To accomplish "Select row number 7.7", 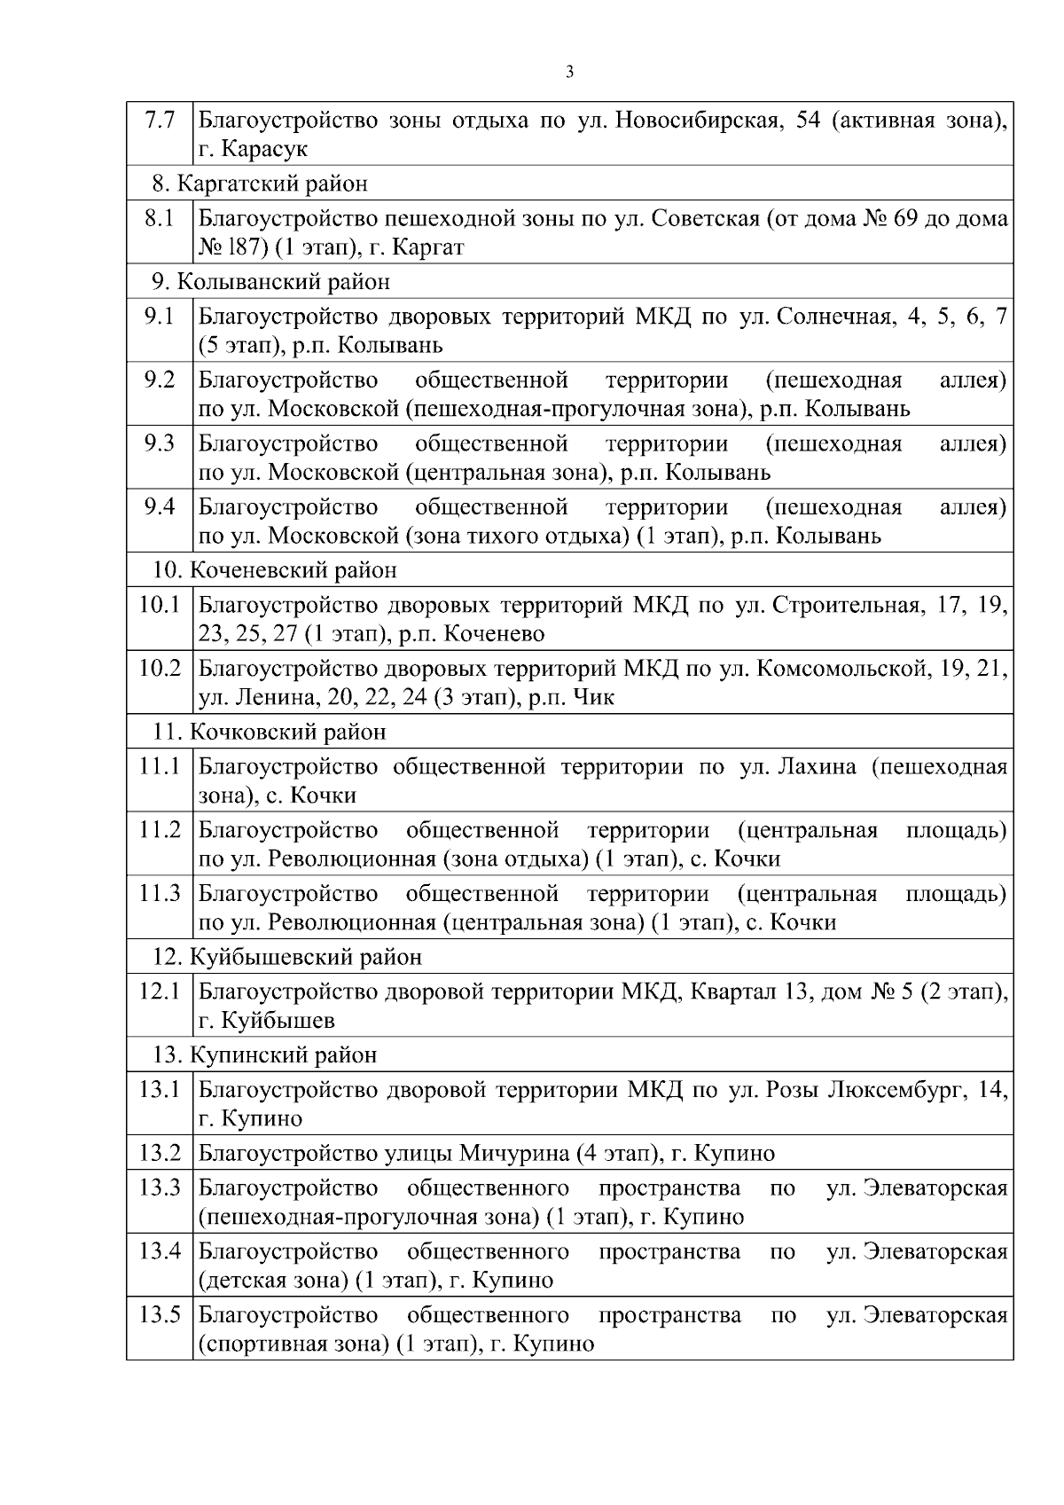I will pyautogui.click(x=160, y=120).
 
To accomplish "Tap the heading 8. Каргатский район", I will pyautogui.click(x=260, y=184).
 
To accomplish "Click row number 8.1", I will pyautogui.click(x=160, y=218).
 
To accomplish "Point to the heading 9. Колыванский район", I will pyautogui.click(x=270, y=282).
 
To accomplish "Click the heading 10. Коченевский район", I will pyautogui.click(x=275, y=570).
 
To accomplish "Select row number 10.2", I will pyautogui.click(x=160, y=668).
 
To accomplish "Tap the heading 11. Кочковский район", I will pyautogui.click(x=270, y=733).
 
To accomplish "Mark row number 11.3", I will pyautogui.click(x=160, y=893).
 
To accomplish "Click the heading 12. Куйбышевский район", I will pyautogui.click(x=287, y=958).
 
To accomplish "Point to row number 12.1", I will pyautogui.click(x=160, y=991).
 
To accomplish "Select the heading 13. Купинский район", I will pyautogui.click(x=265, y=1055).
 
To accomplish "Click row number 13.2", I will pyautogui.click(x=160, y=1153).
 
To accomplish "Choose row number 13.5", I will pyautogui.click(x=160, y=1314).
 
